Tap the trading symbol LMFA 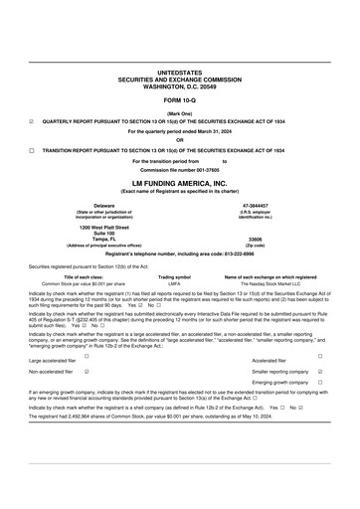[x=174, y=283]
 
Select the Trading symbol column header [x=174, y=276]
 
